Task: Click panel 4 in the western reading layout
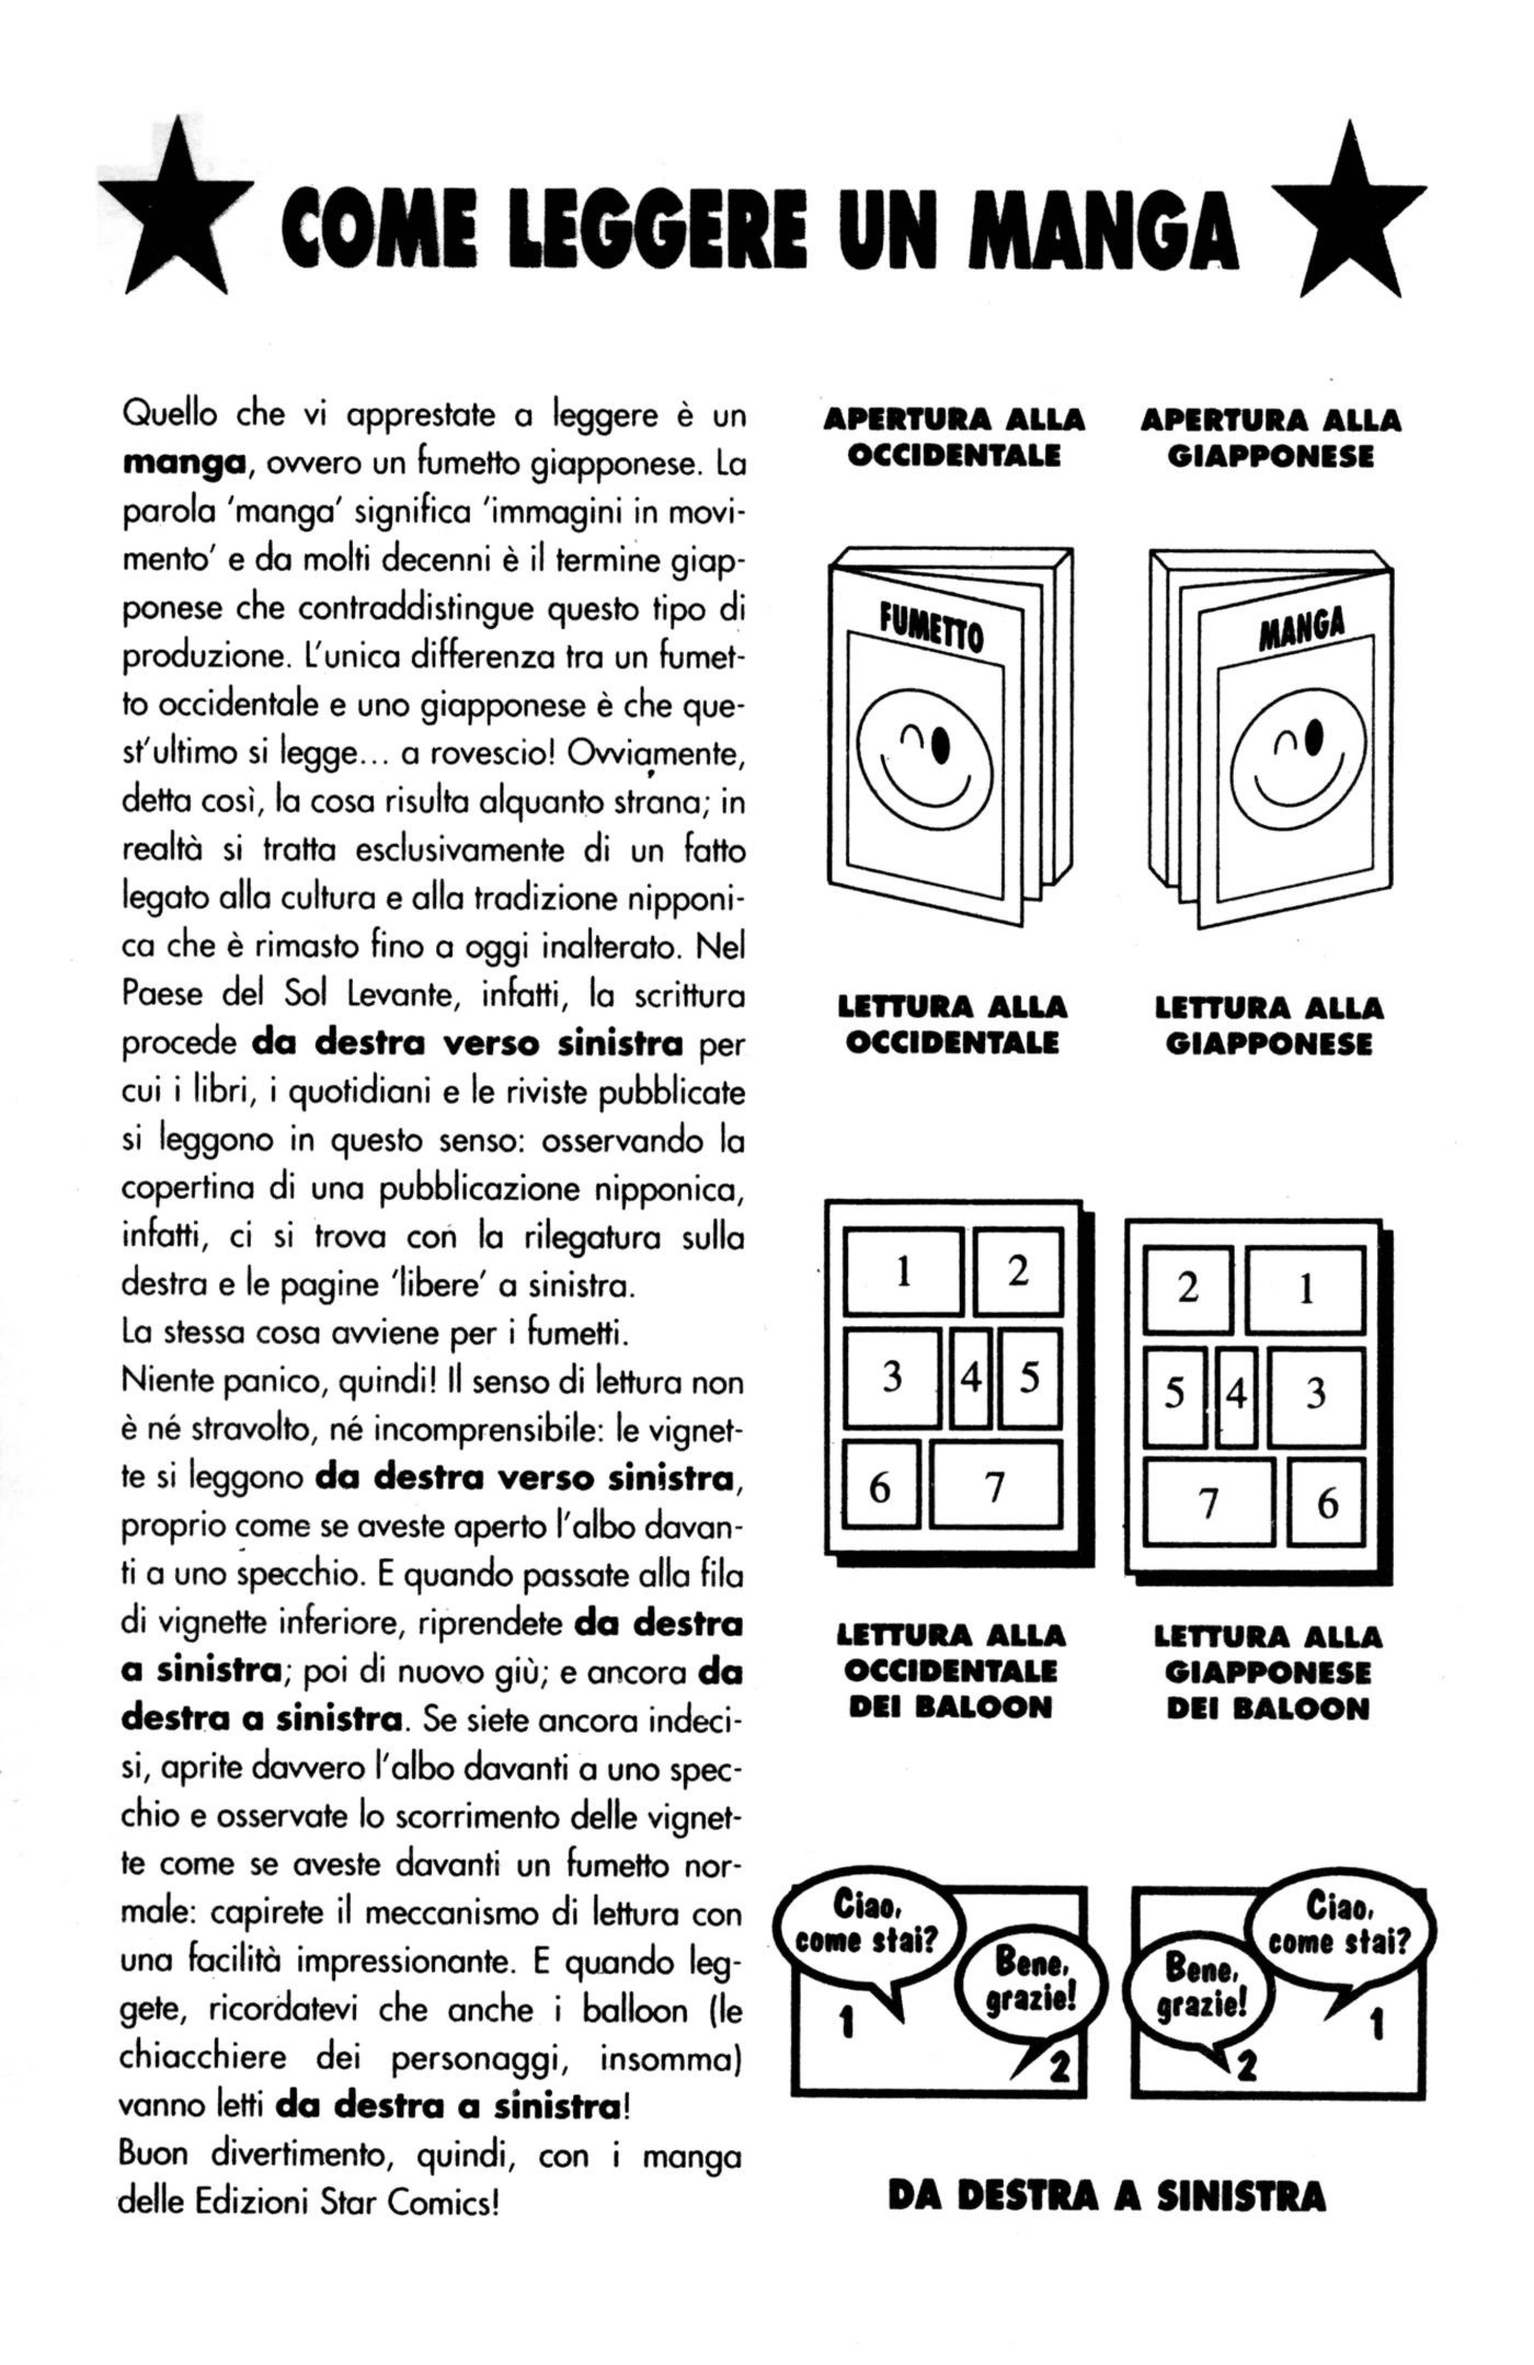tap(971, 1378)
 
